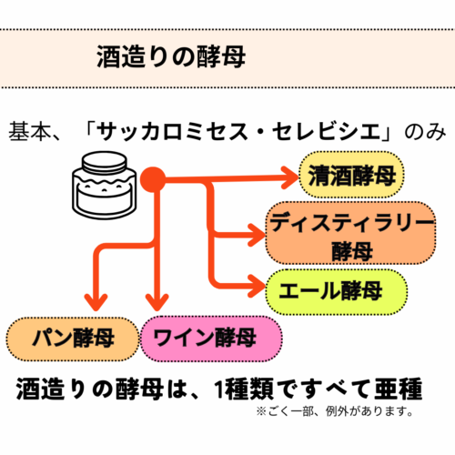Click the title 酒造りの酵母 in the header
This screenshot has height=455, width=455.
[171, 57]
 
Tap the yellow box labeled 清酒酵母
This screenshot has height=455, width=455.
[352, 175]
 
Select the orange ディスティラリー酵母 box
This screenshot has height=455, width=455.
[351, 233]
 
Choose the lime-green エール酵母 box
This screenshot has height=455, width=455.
[337, 292]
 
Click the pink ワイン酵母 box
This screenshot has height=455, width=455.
[211, 339]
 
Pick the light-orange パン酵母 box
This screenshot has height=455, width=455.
[73, 339]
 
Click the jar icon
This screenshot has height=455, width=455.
[105, 185]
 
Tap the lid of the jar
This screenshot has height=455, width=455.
[105, 162]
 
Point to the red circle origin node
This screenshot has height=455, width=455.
[153, 179]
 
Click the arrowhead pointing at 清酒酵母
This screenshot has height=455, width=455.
[289, 177]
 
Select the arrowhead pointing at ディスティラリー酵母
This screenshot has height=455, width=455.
[257, 235]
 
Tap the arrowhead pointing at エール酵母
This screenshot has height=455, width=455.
[257, 286]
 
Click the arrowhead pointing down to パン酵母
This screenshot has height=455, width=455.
[96, 302]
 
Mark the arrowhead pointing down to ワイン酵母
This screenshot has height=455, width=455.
[157, 302]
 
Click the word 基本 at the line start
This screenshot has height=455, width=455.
[29, 132]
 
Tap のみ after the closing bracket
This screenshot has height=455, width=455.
[426, 132]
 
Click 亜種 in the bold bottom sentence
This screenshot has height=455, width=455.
[399, 389]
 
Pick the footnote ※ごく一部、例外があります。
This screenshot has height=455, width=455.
[335, 411]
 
